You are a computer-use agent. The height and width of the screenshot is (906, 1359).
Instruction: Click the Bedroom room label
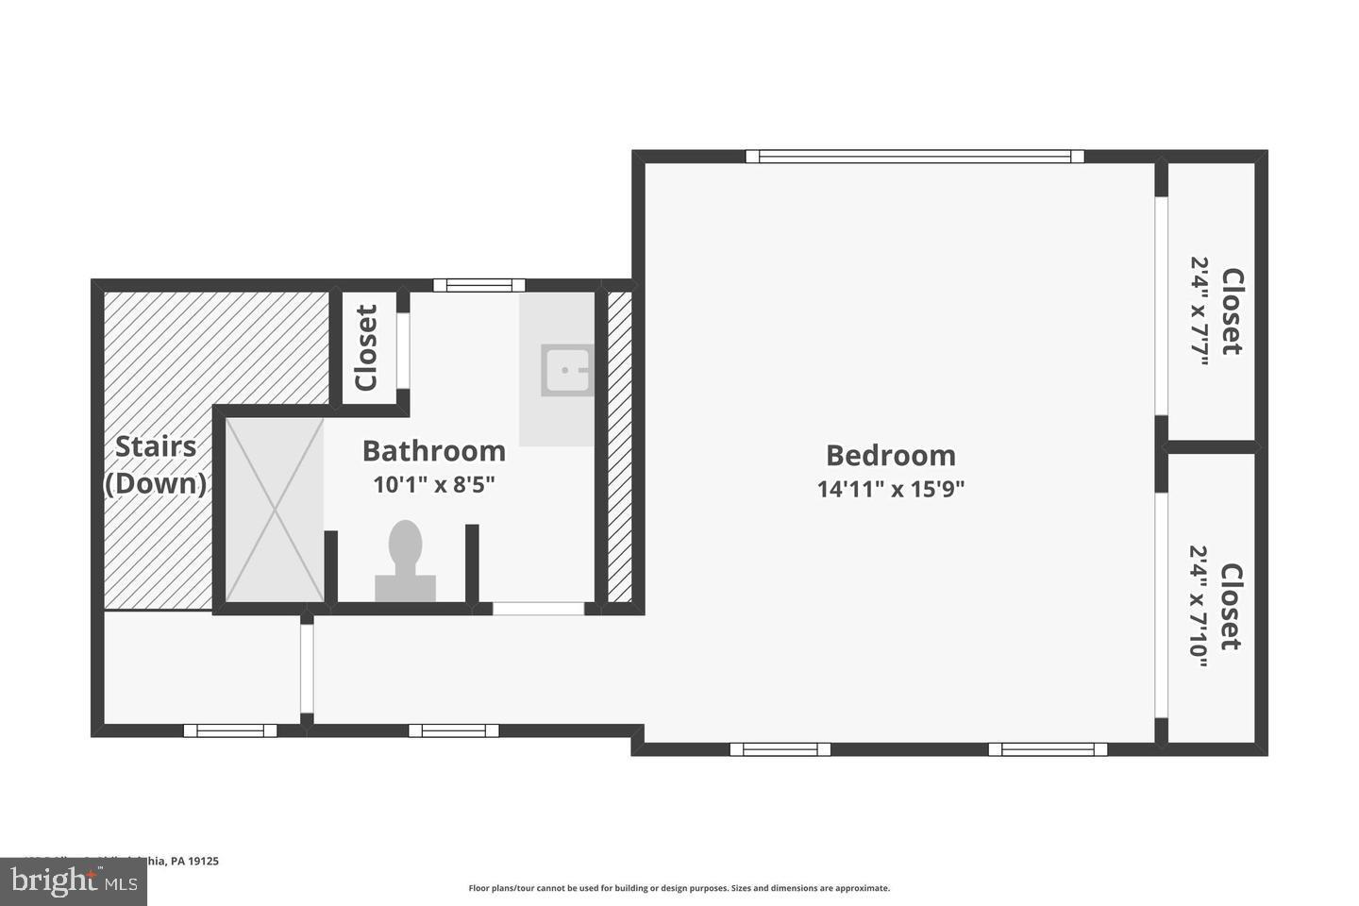click(x=890, y=455)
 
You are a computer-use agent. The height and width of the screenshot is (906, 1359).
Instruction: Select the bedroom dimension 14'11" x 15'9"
click(x=890, y=489)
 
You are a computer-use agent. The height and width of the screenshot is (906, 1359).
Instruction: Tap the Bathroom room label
click(x=433, y=451)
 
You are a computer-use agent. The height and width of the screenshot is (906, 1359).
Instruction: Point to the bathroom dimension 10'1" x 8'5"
click(x=433, y=485)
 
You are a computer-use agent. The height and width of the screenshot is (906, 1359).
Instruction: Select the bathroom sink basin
click(x=565, y=370)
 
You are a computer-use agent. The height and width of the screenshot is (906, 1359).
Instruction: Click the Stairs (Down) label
click(x=156, y=464)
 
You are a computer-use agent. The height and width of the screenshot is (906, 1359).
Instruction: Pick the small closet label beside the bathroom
click(x=366, y=347)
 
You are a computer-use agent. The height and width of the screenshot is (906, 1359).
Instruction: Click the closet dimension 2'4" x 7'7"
click(x=1199, y=311)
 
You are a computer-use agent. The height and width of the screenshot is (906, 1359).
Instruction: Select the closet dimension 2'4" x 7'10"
click(x=1199, y=606)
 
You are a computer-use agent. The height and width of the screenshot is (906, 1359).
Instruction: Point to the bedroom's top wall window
click(x=914, y=157)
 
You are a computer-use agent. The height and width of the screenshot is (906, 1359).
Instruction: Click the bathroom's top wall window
click(x=478, y=285)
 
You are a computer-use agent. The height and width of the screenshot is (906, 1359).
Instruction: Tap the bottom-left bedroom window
click(x=780, y=749)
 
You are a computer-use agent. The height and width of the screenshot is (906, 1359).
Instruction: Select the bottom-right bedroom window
click(x=1048, y=749)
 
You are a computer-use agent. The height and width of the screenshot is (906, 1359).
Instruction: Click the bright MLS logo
click(x=73, y=881)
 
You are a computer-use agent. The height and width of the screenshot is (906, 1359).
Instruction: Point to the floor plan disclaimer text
click(x=679, y=888)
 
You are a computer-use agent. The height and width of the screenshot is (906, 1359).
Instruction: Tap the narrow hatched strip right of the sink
click(x=619, y=445)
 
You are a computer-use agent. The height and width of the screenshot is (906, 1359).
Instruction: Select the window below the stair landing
click(x=230, y=730)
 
